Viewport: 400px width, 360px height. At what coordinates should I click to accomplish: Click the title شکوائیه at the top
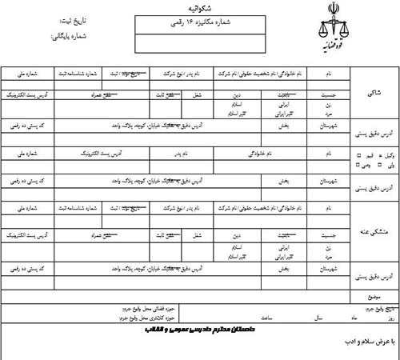point(200,10)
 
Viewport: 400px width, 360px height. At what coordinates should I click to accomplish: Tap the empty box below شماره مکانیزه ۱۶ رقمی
point(200,42)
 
